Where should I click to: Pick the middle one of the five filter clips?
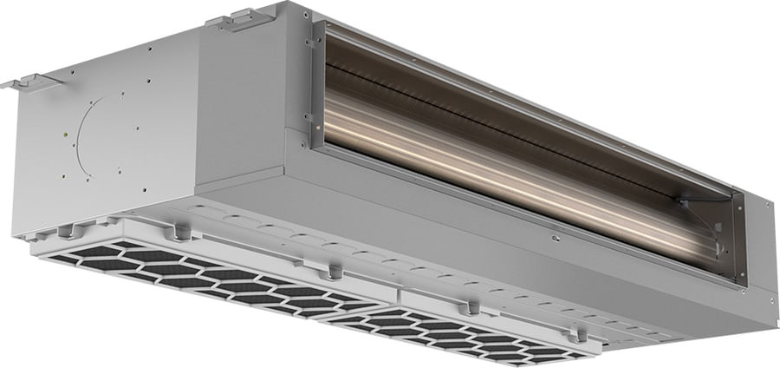[x=333, y=273]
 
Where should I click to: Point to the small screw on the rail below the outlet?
[x=552, y=233]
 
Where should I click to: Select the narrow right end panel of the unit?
[x=758, y=252]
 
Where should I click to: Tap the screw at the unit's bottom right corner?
[x=770, y=301]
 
